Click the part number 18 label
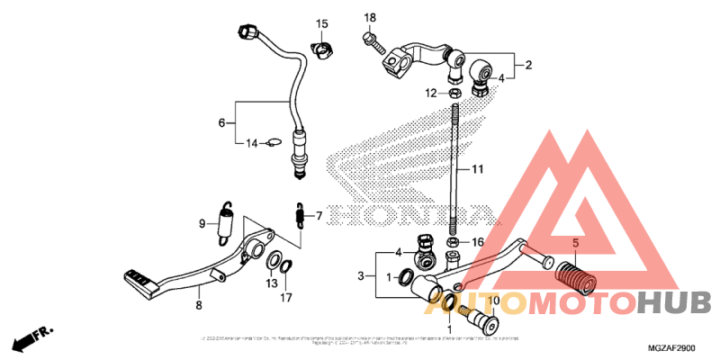point(369,18)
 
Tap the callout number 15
point(321,23)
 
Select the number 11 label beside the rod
point(476,168)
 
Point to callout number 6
point(220,122)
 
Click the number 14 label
point(253,142)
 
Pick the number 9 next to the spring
point(203,223)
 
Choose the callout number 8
point(199,306)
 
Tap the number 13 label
point(271,283)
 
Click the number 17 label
point(285,297)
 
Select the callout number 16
point(478,242)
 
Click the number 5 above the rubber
point(576,243)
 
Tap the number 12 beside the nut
point(431,93)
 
